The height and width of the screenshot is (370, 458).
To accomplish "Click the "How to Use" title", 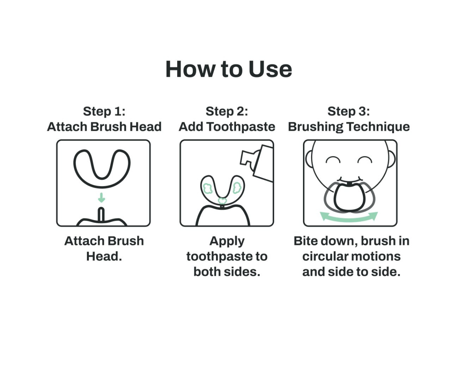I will coord(229,69).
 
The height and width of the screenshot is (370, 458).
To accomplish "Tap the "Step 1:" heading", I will coord(104,111).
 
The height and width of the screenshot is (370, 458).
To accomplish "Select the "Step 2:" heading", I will coord(227,111).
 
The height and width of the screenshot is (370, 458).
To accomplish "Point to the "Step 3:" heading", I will coord(348,111).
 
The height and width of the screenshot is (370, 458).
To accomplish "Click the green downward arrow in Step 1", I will coord(101,198).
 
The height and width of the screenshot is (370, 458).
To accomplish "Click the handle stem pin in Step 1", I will coord(101,215).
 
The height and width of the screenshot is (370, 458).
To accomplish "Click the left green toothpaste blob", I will coord(208,189).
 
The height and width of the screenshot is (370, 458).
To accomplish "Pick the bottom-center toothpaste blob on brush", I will coord(222,201).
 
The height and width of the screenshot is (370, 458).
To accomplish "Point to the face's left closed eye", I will coord(333,160).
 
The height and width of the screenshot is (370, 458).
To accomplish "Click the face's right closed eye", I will coord(365,160).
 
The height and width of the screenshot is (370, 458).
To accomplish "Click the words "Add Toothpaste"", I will coord(227,127).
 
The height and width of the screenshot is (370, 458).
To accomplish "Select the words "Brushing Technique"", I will coord(348,127).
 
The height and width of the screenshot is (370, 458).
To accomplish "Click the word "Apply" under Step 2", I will coord(227,241).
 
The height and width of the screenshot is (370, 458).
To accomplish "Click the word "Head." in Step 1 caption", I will coord(104,257).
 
